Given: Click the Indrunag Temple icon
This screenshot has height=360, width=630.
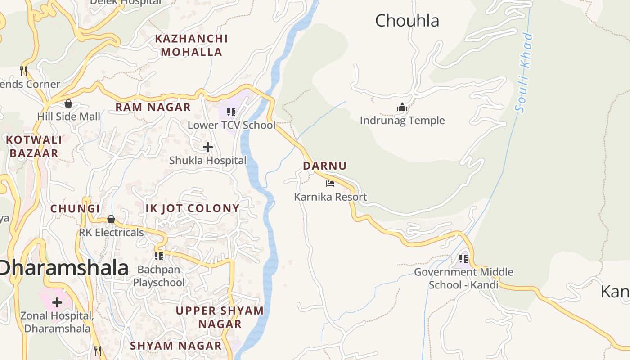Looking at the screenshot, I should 402,107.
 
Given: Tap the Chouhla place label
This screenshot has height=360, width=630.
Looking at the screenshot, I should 407,21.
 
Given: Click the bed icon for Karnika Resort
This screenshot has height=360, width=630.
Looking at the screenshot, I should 330,183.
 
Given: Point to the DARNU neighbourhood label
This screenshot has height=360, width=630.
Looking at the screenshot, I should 325,166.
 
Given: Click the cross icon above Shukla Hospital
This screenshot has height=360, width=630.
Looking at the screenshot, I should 208,147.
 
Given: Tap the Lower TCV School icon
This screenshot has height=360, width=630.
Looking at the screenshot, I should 231,112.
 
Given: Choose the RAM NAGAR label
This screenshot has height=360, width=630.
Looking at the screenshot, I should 153,108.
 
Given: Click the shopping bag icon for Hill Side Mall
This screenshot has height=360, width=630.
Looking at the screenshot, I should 68,103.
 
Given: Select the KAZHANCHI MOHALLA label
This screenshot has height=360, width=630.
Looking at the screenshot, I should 191,45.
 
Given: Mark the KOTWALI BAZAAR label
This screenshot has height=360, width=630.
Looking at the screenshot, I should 34,147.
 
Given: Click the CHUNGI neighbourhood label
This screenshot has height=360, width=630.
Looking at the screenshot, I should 75,209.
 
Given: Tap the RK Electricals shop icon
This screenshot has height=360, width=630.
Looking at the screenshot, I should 111,219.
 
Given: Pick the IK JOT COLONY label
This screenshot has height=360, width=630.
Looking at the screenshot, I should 193,208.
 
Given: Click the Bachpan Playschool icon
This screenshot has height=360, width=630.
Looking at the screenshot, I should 159,256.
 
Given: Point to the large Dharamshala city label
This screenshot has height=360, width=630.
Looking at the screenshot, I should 64,268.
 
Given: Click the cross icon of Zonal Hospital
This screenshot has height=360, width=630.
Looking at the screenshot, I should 57,302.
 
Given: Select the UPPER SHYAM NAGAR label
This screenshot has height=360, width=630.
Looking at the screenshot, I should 220,317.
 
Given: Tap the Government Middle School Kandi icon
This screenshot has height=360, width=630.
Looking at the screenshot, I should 463,259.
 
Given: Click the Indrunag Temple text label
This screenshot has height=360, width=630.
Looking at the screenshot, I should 402,121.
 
